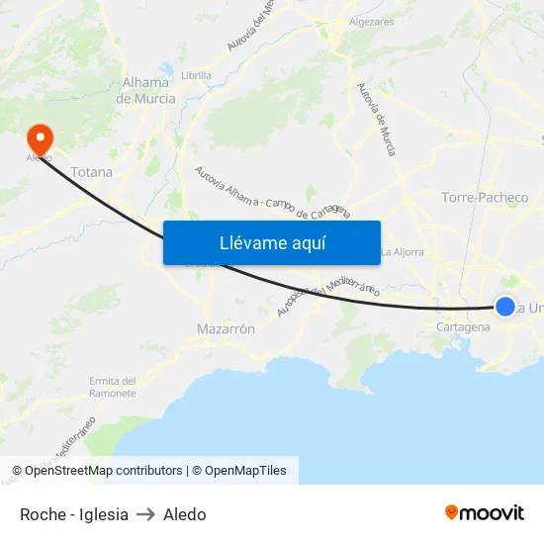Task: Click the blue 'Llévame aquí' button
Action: tap(271, 242)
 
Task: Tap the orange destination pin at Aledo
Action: tap(41, 137)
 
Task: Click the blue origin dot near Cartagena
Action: tap(504, 307)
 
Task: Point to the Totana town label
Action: tap(92, 171)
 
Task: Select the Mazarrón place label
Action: tap(227, 328)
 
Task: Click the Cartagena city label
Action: tap(463, 326)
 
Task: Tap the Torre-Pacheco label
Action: tap(485, 197)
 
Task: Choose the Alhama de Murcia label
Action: tap(145, 91)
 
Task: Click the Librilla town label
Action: tap(197, 74)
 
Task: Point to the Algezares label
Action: tap(371, 22)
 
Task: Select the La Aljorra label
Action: tap(402, 251)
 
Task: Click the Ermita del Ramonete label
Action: tap(112, 387)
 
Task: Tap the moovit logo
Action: tap(484, 512)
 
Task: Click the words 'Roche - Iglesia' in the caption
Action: tap(74, 514)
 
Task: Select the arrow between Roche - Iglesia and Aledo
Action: tap(145, 514)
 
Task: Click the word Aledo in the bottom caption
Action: tap(185, 514)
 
